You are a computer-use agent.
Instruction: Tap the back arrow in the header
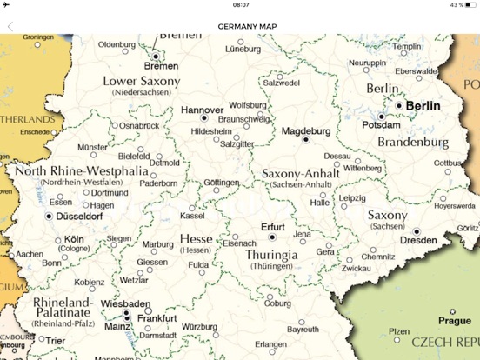(x=10, y=26)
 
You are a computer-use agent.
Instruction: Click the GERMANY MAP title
(x=240, y=26)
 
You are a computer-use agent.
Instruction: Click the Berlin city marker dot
(x=399, y=105)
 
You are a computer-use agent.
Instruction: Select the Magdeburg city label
(x=305, y=130)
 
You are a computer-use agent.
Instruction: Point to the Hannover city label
(x=203, y=110)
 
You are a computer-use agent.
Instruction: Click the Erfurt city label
(x=272, y=226)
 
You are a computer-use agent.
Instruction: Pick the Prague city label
(x=454, y=321)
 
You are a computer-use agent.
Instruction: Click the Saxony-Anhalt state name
(x=300, y=174)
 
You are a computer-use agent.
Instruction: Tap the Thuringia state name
(x=272, y=255)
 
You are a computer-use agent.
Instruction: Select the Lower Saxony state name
(x=142, y=81)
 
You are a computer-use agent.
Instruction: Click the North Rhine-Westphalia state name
(x=81, y=170)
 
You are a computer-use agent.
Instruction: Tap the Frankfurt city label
(x=157, y=318)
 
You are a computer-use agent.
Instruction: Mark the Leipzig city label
(x=352, y=198)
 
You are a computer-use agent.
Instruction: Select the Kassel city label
(x=192, y=216)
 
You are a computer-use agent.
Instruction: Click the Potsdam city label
(x=382, y=125)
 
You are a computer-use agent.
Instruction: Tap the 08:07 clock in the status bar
(x=240, y=5)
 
